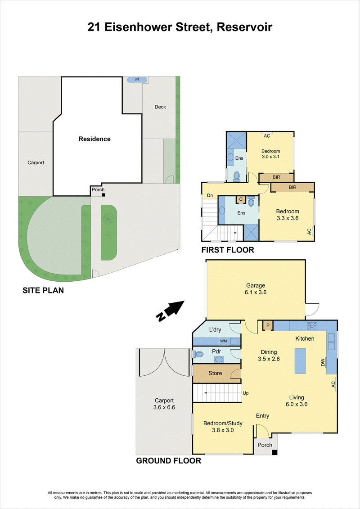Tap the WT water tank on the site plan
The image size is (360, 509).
pyautogui.click(x=137, y=80)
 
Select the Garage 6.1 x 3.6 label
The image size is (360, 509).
pyautogui.click(x=256, y=289)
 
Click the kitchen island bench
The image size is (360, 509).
pyautogui.click(x=300, y=361)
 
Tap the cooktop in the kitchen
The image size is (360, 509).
pyautogui.click(x=312, y=325)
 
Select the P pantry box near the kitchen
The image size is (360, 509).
pyautogui.click(x=268, y=325)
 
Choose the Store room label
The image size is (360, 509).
pyautogui.click(x=215, y=373)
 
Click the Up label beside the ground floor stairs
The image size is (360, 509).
pyautogui.click(x=246, y=393)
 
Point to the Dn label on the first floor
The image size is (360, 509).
pyautogui.click(x=210, y=196)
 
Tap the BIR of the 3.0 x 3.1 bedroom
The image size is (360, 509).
pyautogui.click(x=276, y=177)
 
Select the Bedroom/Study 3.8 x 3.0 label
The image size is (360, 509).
pyautogui.click(x=223, y=427)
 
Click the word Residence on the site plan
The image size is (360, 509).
pyautogui.click(x=94, y=139)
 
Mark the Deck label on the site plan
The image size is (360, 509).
pyautogui.click(x=160, y=107)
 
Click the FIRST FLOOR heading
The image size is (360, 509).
pyautogui.click(x=228, y=250)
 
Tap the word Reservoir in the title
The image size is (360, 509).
pyautogui.click(x=244, y=27)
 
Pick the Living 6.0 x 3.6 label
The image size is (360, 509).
pyautogui.click(x=297, y=401)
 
